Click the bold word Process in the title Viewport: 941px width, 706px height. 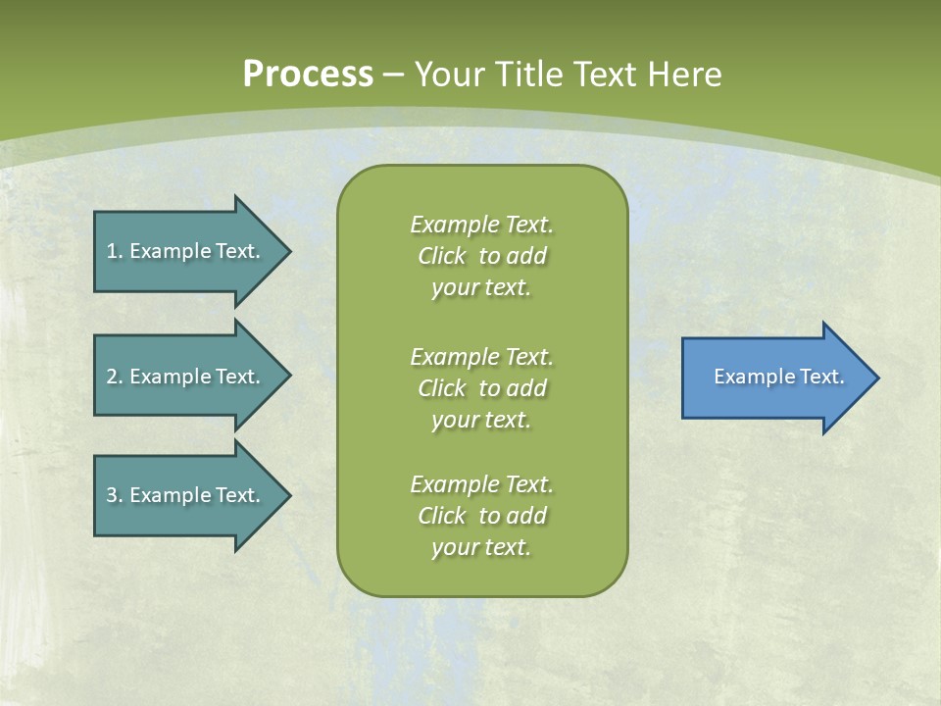click(308, 75)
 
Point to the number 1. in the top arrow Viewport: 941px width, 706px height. click(115, 251)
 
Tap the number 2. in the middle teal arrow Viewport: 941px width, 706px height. click(115, 377)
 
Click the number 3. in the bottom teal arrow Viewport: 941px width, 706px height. click(115, 495)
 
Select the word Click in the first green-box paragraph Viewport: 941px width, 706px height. click(442, 256)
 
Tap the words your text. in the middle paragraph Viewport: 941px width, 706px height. click(481, 420)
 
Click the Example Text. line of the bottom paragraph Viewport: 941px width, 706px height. click(481, 484)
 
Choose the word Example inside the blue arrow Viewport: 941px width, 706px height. click(751, 377)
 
